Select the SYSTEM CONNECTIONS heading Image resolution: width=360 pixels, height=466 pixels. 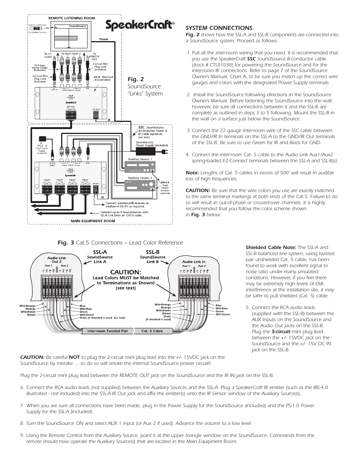[x=219, y=28]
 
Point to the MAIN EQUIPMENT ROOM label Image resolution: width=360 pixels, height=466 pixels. [x=93, y=221]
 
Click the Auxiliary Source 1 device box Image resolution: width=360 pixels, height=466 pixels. [x=140, y=166]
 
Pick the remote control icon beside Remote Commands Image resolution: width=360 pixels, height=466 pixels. [x=36, y=28]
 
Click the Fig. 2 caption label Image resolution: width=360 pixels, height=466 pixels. [x=135, y=79]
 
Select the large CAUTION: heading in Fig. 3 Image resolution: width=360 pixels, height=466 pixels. [x=126, y=272]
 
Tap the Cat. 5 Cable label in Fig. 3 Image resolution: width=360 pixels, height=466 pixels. [x=152, y=331]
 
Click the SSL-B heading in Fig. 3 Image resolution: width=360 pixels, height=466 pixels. [x=152, y=252]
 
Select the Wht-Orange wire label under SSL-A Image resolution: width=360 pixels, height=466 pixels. [x=28, y=306]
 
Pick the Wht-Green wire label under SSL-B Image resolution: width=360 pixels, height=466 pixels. [x=223, y=314]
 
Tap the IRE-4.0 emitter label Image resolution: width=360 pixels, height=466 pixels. [x=165, y=182]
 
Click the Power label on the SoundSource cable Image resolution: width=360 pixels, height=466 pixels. [x=103, y=39]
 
